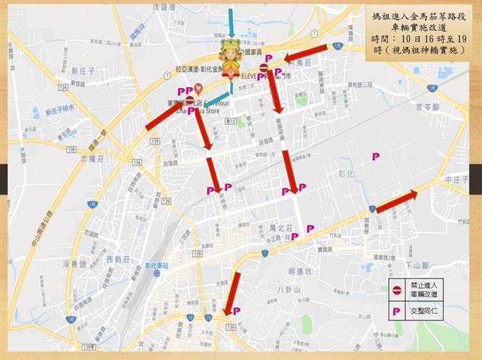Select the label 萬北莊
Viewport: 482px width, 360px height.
[x=279, y=228]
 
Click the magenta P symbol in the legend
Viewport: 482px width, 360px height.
[x=398, y=312]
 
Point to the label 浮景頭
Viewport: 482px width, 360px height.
[x=76, y=263]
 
